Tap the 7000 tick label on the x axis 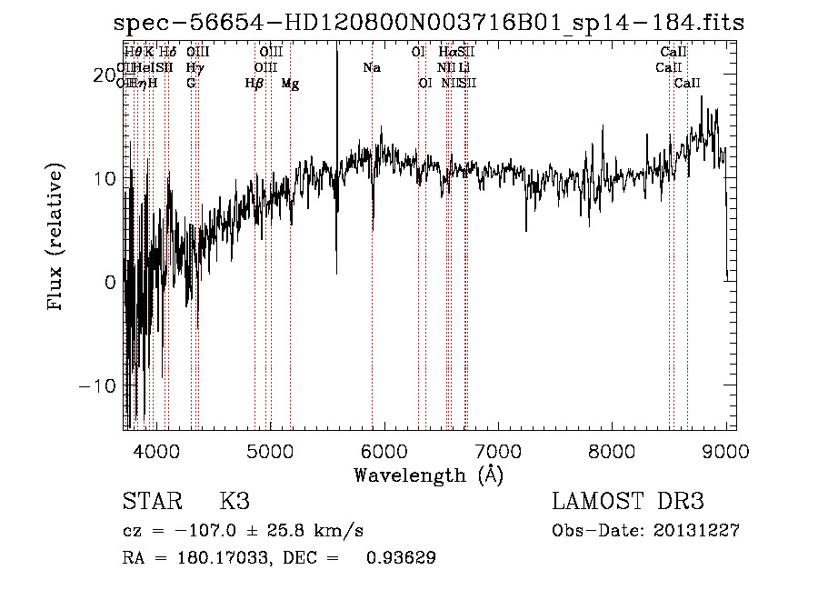(499, 451)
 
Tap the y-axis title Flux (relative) (57, 236)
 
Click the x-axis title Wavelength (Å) (428, 475)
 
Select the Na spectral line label (371, 68)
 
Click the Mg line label (290, 84)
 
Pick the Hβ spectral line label (254, 84)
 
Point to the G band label (191, 84)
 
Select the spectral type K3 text (234, 502)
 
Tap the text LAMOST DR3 (628, 502)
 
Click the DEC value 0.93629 (400, 558)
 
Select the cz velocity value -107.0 (212, 531)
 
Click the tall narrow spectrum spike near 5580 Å (337, 136)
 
